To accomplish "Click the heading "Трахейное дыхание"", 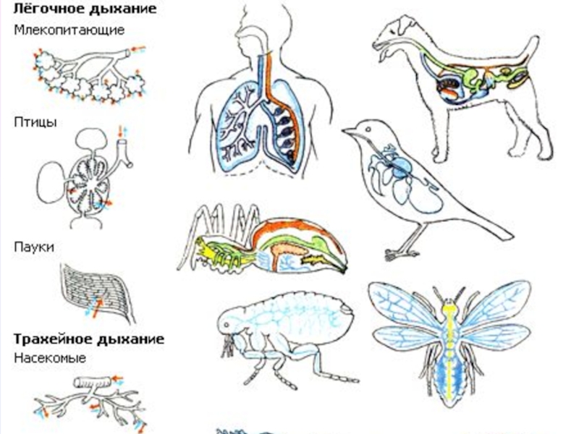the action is tap(89, 339).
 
